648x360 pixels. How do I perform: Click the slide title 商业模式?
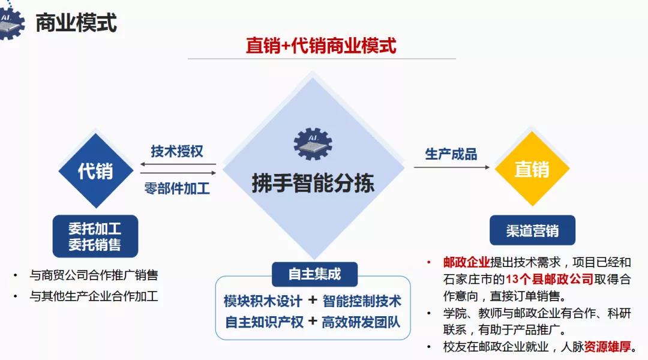[76, 23]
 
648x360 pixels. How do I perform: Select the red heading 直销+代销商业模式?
[321, 46]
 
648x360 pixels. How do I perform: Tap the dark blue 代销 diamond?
[96, 171]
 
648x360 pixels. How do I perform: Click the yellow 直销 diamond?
[532, 169]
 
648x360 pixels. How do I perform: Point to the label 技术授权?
[177, 151]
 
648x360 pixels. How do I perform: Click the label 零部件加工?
[177, 188]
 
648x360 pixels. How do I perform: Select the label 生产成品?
[451, 154]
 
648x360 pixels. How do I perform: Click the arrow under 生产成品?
[452, 167]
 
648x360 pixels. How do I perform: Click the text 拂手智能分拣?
[313, 183]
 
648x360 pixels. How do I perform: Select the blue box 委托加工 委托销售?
[95, 236]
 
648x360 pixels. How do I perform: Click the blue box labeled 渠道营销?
[532, 230]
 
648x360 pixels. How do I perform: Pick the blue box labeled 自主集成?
[314, 274]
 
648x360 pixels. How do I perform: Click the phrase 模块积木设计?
[263, 301]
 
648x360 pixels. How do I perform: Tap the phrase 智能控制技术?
[362, 301]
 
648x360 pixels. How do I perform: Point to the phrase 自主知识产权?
[265, 322]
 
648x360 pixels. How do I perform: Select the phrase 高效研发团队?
[361, 322]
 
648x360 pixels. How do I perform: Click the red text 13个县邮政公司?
[550, 280]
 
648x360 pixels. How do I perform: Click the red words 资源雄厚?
[607, 346]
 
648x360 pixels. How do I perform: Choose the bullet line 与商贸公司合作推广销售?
[94, 275]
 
